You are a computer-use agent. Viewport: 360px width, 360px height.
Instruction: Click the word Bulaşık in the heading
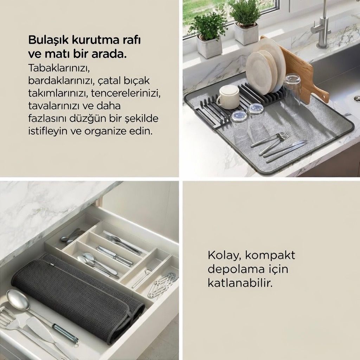tap(48, 40)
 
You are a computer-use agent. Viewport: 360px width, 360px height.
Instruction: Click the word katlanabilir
tap(240, 283)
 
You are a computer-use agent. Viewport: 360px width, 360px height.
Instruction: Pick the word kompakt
tap(270, 255)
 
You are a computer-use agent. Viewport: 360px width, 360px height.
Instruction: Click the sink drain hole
tap(356, 98)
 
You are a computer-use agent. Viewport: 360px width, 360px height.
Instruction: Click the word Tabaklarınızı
tap(58, 68)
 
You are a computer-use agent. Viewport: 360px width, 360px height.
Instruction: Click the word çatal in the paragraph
tap(109, 81)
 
